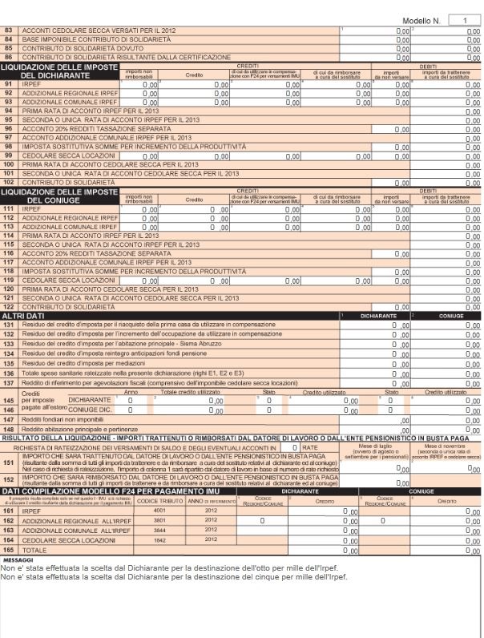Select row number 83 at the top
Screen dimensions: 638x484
click(x=9, y=29)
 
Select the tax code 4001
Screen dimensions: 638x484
click(x=159, y=509)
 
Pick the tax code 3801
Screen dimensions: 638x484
click(x=159, y=519)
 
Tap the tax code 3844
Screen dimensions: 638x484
click(x=159, y=530)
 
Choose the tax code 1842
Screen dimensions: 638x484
click(x=159, y=540)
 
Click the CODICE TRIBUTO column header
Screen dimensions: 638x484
click(x=159, y=500)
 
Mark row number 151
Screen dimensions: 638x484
click(x=9, y=462)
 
